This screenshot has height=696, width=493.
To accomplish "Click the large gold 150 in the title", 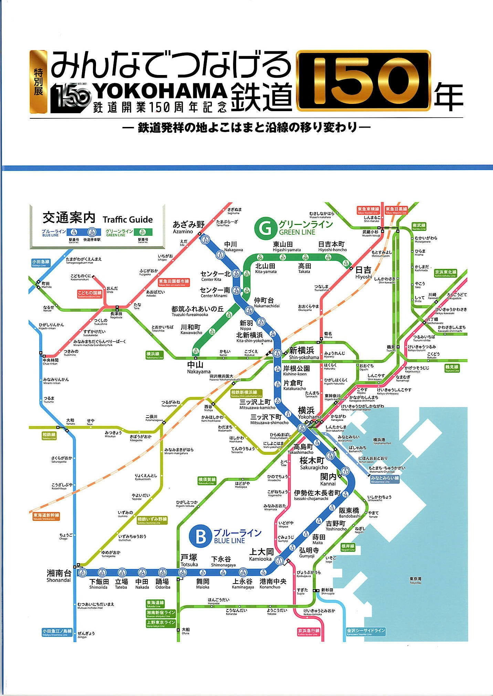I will [363, 81].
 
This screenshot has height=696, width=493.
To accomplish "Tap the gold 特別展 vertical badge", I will [38, 82].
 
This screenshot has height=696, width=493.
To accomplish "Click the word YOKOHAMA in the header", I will [160, 91].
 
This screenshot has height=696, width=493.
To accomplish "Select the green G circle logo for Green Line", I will [265, 228].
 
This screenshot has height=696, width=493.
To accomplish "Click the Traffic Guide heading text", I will [127, 219].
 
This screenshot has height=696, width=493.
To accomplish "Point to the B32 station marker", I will [206, 240].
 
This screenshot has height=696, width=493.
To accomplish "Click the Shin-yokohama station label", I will [302, 353].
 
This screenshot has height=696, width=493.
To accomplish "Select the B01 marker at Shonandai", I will [82, 573].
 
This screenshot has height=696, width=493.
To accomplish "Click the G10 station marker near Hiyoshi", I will [346, 264].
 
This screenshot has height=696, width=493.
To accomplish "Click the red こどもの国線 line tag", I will [90, 294].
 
